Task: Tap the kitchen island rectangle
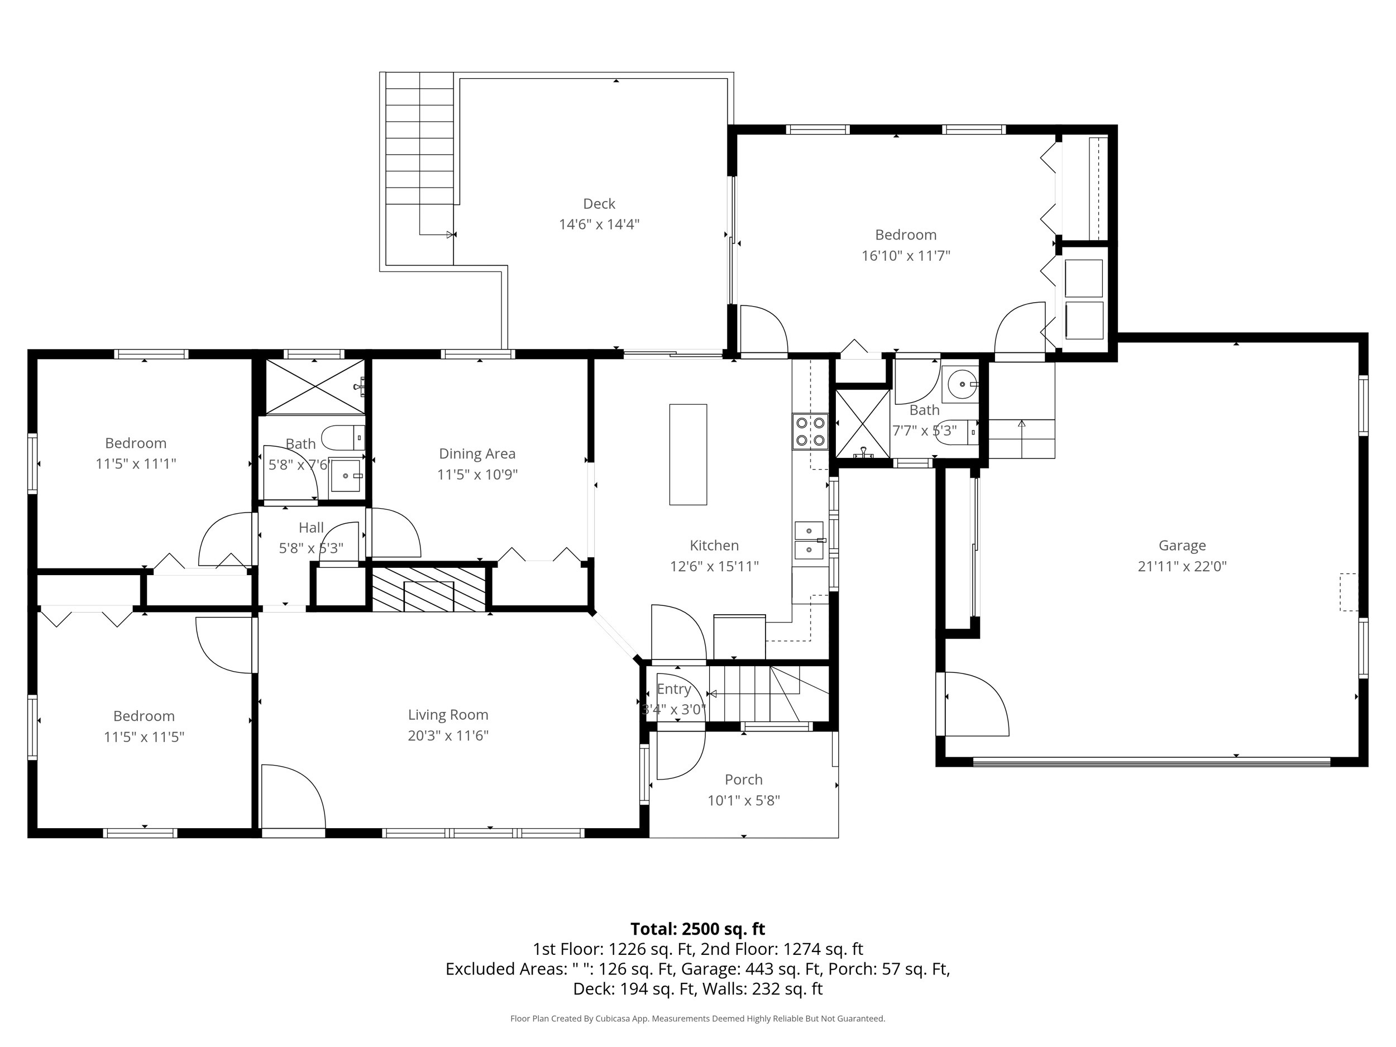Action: [687, 455]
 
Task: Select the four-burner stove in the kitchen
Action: [810, 432]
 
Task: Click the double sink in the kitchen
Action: [809, 541]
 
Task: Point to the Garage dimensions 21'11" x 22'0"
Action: [1182, 566]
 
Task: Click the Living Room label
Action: [447, 714]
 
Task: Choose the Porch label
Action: [743, 780]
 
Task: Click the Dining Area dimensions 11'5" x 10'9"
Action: [477, 475]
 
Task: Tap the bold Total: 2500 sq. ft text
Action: [697, 929]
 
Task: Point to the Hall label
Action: [311, 528]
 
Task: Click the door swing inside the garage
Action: [975, 704]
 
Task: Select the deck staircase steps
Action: [419, 139]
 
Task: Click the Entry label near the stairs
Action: [673, 689]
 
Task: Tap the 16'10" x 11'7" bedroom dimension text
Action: [906, 256]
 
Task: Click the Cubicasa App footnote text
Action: [697, 1019]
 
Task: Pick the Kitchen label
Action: [714, 545]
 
